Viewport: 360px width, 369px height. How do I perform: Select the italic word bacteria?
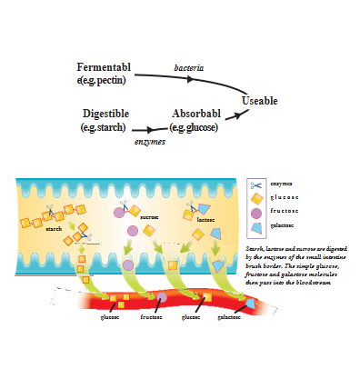tap(188, 67)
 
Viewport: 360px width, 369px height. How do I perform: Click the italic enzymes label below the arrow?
tap(149, 143)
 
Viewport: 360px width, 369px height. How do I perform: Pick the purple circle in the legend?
tap(257, 211)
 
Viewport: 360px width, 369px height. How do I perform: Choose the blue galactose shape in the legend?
tap(257, 224)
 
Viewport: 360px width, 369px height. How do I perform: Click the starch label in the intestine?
tap(53, 229)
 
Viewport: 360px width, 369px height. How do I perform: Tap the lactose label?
tap(205, 219)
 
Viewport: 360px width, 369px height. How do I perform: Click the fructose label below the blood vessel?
tap(152, 317)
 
